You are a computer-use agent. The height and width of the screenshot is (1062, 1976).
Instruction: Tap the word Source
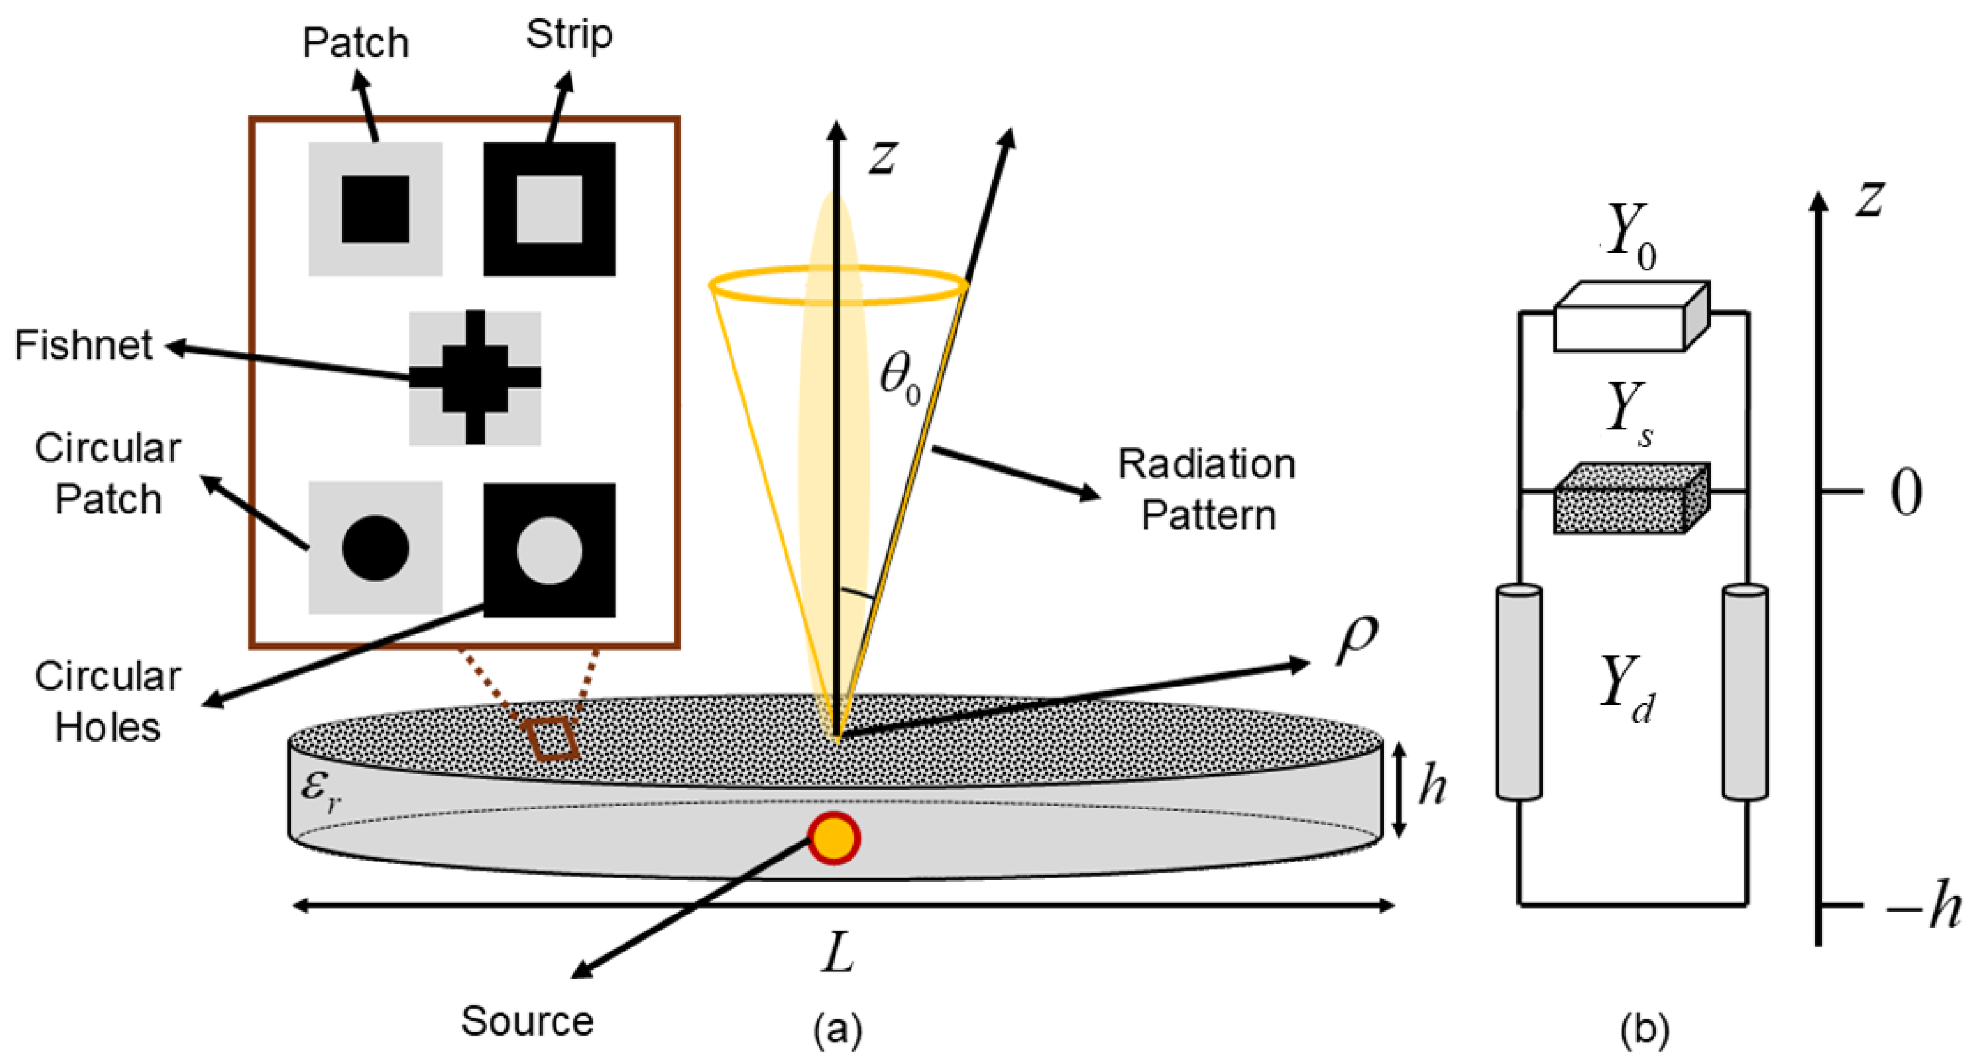(x=527, y=1021)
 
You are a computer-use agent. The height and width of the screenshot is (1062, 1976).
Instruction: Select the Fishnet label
(x=83, y=346)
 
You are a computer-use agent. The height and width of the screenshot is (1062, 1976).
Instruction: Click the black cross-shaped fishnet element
(x=476, y=378)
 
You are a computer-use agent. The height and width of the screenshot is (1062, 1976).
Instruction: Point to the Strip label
(x=569, y=35)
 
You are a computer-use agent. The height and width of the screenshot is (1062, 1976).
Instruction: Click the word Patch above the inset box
(x=355, y=43)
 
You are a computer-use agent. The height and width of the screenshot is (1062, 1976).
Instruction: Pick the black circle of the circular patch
(x=375, y=548)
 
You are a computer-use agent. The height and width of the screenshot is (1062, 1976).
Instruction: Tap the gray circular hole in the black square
(x=549, y=550)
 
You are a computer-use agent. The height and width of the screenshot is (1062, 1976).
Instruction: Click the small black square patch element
(x=375, y=209)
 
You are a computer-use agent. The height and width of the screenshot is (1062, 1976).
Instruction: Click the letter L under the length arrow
(x=837, y=956)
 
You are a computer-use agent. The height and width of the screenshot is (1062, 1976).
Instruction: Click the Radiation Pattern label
(x=1207, y=488)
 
